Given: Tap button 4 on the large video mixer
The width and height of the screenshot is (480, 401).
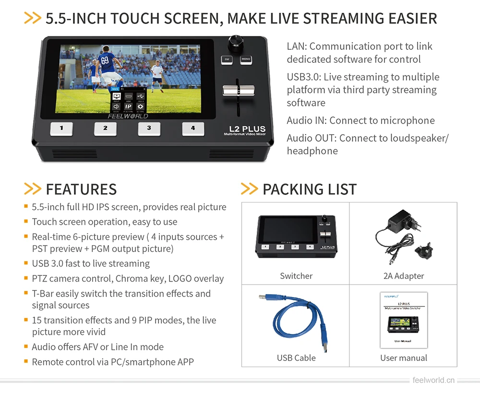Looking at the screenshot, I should pos(193,128).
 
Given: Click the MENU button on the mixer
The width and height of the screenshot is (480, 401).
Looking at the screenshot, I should pos(246,60).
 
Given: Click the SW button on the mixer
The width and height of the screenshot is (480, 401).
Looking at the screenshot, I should pos(227,60).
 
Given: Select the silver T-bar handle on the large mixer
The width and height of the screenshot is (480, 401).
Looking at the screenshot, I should pos(237,90).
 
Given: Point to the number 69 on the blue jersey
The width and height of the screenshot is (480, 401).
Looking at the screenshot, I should pos(105,60).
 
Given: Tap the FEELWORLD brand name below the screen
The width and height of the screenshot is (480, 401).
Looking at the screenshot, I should pos(128,116).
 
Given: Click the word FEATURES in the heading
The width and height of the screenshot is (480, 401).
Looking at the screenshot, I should pos(81,189).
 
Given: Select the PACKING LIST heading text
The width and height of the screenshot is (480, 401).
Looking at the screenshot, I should pos(309,189).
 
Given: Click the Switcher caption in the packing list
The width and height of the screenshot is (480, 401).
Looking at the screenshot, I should pos(296,276).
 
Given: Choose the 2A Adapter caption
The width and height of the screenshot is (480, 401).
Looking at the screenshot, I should pos(404,276).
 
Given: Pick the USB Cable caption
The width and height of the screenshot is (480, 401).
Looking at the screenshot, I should pos(296,357).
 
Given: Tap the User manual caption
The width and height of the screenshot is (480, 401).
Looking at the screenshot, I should pos(404,357).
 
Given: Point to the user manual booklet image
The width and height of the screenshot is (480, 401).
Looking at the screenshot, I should pos(404,320).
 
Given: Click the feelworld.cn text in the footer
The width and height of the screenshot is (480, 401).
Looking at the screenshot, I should pos(433,380).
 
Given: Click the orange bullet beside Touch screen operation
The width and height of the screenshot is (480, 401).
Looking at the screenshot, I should pos(26,222).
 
